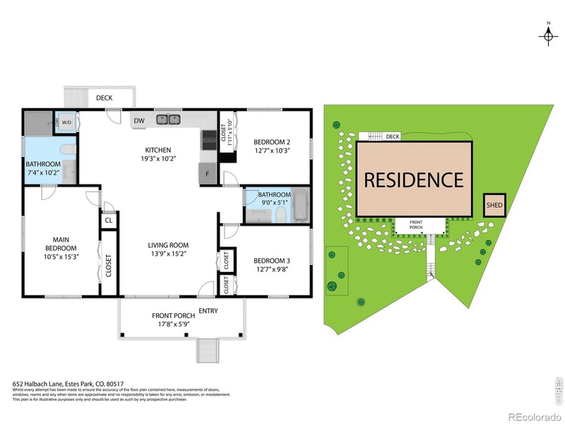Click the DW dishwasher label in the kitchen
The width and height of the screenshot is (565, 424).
(140, 121)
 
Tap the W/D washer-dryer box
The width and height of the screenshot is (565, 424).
(67, 122)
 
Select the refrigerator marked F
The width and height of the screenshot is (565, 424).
(208, 174)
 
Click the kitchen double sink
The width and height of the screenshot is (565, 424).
(167, 119)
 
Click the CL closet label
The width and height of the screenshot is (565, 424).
(109, 220)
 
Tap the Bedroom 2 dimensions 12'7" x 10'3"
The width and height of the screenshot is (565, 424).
(273, 151)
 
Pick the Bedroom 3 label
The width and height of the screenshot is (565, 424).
(273, 261)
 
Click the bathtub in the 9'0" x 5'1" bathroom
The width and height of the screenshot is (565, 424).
(300, 204)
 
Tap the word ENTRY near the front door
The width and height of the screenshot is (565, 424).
(208, 310)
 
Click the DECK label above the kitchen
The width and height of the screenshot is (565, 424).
(105, 99)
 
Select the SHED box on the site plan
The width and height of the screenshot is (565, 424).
(494, 206)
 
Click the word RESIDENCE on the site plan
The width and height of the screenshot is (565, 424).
(414, 179)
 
